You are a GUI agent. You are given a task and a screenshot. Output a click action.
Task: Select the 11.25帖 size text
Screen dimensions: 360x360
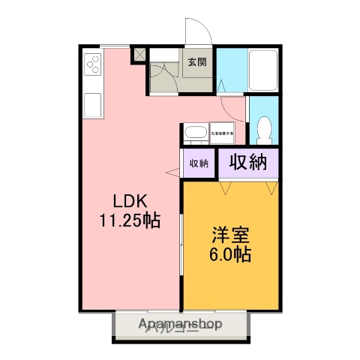click(x=129, y=221)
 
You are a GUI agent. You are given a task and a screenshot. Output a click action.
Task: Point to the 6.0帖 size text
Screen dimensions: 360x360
click(x=229, y=253)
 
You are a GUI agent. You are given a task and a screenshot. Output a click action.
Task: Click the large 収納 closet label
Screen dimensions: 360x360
click(x=248, y=162)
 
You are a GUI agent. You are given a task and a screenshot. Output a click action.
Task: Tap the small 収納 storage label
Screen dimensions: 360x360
click(x=198, y=163)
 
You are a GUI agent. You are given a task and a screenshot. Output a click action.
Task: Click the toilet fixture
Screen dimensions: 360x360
click(x=263, y=132)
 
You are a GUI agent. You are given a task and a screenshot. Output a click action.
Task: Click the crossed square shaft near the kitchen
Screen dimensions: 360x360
click(x=139, y=55)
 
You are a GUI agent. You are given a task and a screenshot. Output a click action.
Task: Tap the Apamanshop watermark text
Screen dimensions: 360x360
click(x=180, y=325)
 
